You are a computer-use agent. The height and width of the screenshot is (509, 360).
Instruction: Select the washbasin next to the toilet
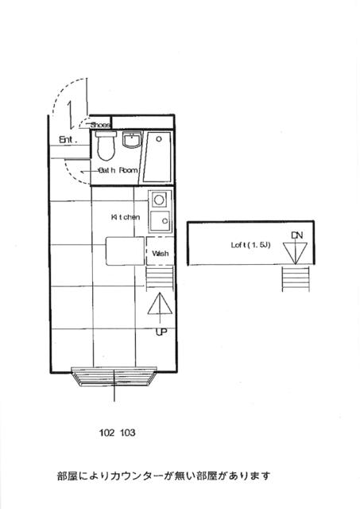tap(131, 142)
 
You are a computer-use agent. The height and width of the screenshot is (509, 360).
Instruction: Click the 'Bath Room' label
tap(118, 170)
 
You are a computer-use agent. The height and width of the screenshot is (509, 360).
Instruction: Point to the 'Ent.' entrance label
tap(67, 140)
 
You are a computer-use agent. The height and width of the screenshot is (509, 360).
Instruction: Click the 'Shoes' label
tap(100, 125)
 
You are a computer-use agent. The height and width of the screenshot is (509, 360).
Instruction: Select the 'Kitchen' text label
tap(126, 216)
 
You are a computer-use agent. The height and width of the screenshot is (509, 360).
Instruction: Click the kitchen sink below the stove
tap(159, 220)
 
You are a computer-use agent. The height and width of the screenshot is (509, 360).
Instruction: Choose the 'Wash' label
tap(160, 254)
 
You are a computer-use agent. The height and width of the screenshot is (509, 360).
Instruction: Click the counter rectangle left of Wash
tap(126, 252)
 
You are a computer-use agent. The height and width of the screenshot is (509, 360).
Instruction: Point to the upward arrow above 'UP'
tap(159, 309)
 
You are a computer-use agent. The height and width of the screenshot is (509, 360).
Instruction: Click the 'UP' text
tap(161, 332)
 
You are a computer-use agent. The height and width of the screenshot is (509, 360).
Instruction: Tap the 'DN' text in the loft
tap(296, 235)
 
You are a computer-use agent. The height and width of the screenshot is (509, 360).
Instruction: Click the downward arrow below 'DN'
tap(296, 252)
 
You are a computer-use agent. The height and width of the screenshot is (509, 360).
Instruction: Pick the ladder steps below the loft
tap(296, 279)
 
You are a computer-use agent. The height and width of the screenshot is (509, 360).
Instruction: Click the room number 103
tap(128, 433)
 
